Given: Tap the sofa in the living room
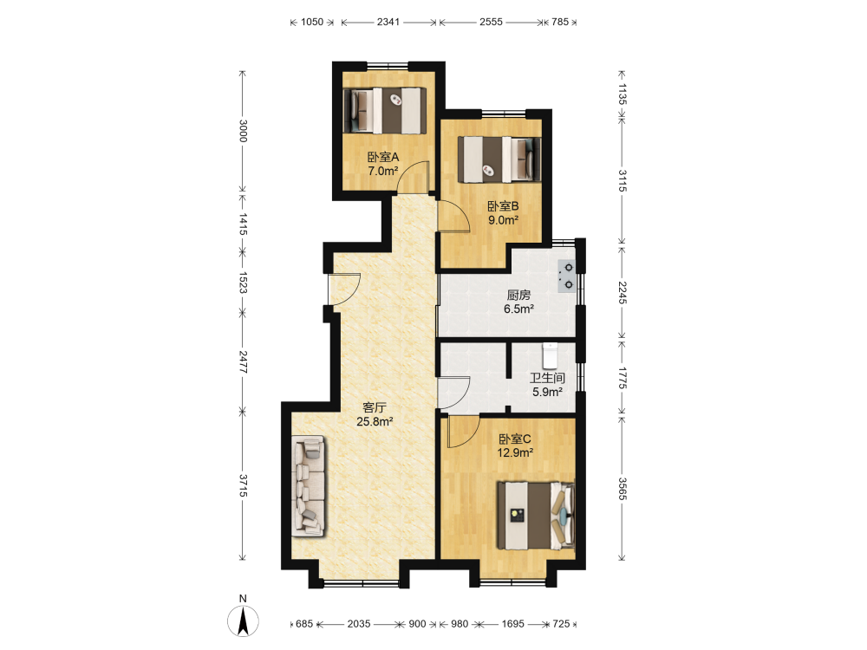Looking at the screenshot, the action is click(309, 486).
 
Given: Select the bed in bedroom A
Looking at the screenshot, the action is click(385, 111).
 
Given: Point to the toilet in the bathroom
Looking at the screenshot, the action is click(549, 356).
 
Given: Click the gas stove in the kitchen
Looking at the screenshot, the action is click(567, 276).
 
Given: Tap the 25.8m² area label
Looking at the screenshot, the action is click(375, 422).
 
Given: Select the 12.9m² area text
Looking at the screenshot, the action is click(515, 453).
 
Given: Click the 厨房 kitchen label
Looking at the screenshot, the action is click(518, 296).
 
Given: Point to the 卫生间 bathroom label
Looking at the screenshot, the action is click(547, 378).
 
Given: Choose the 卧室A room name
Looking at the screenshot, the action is click(383, 157).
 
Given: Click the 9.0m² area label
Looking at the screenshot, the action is click(503, 220).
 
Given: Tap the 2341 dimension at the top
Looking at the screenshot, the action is click(388, 23).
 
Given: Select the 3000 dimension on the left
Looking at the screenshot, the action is click(243, 131).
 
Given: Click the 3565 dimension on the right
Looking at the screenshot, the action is click(622, 489).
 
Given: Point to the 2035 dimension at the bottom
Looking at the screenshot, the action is click(359, 624).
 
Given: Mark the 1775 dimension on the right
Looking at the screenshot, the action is click(622, 378).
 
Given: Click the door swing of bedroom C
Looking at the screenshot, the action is click(463, 432).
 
